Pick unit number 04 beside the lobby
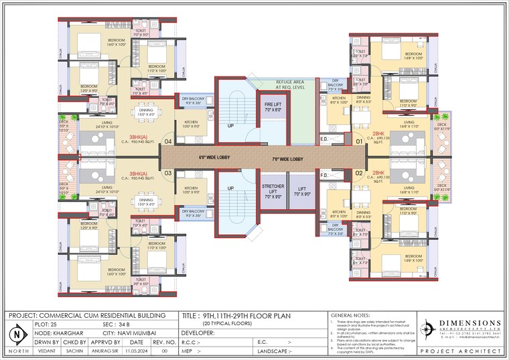pos(168,141)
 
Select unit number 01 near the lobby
pos(359,141)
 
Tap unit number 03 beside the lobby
pos(168,174)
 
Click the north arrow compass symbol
pos(17,333)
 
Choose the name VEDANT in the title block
pos(47,350)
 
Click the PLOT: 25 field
pos(53,324)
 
